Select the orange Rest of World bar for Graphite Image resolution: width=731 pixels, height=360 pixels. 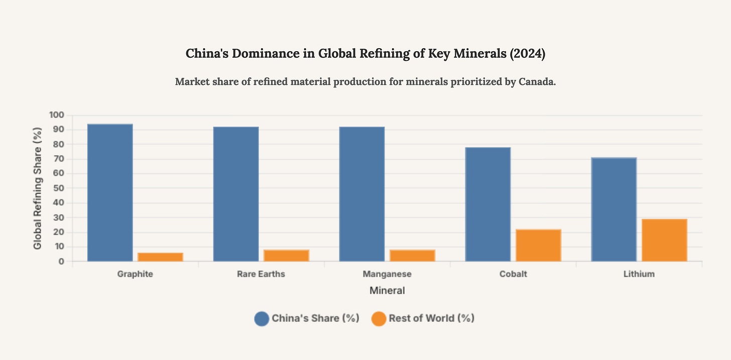click(160, 257)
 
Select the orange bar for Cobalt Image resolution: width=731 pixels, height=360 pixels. click(538, 245)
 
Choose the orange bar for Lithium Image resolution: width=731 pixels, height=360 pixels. click(664, 240)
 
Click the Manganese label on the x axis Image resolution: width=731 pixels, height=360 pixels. click(387, 274)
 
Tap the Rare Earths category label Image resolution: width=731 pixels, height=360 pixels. click(261, 274)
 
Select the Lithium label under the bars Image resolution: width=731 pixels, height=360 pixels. click(639, 274)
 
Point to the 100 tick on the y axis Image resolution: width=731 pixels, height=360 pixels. click(57, 115)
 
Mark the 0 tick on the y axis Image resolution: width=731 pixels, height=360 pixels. click(61, 262)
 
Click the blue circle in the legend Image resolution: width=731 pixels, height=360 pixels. click(262, 318)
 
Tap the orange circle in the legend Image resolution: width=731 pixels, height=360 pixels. click(379, 318)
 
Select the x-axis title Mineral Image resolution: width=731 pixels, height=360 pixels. click(387, 290)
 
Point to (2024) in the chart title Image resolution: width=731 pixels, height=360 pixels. click(527, 54)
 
